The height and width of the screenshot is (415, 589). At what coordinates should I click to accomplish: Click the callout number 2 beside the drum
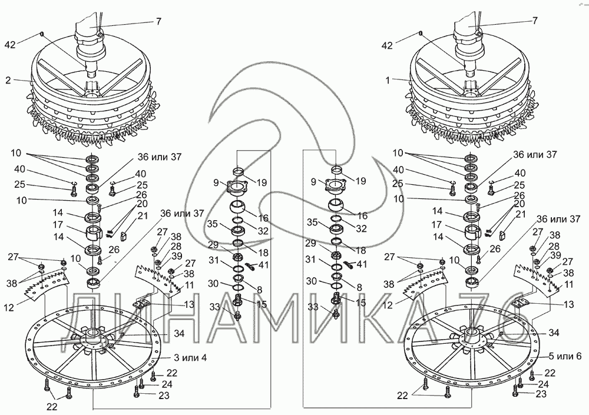pyautogui.click(x=8, y=80)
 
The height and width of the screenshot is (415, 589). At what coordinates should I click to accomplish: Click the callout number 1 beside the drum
pyautogui.click(x=388, y=80)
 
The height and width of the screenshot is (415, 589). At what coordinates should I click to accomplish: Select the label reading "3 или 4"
pyautogui.click(x=190, y=357)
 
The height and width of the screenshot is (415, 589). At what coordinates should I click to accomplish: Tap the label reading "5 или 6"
pyautogui.click(x=565, y=356)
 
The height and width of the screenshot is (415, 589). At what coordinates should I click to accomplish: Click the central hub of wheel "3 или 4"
pyautogui.click(x=92, y=336)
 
